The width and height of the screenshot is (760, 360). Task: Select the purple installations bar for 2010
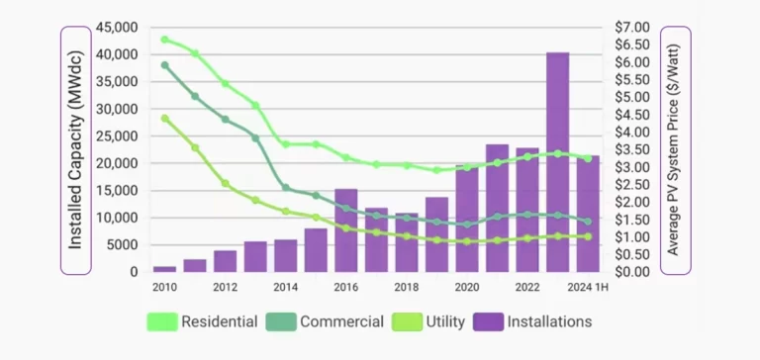[x=164, y=268]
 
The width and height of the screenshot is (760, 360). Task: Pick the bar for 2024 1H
[x=588, y=214]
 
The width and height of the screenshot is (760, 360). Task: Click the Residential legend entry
[x=203, y=321]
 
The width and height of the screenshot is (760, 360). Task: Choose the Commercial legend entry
[x=326, y=321]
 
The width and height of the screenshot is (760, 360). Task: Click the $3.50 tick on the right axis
[x=631, y=149]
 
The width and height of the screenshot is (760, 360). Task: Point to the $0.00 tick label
[x=631, y=271]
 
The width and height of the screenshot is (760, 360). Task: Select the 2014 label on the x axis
[x=285, y=288]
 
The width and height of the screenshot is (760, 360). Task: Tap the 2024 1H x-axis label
[x=586, y=288]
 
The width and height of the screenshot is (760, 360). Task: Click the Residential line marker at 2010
[x=164, y=40]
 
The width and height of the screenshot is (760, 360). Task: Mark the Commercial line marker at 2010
[x=164, y=65]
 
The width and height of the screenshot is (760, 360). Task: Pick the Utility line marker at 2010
[x=164, y=118]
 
